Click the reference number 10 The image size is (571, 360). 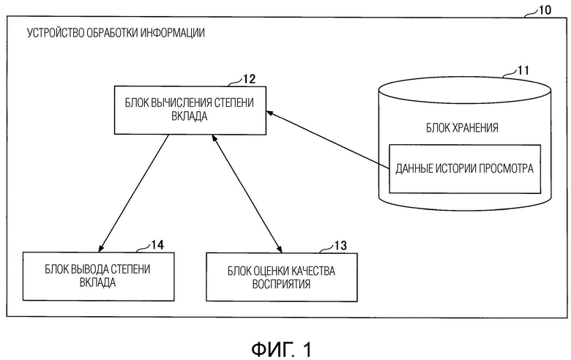coord(545,10)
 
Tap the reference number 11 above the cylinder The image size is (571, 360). coord(523,70)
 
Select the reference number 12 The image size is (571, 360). coord(249,79)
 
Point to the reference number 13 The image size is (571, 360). coord(340,246)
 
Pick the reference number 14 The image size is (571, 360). coord(157,245)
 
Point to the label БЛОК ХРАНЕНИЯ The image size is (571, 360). coord(462,128)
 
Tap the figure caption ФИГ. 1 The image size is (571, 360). coord(282,350)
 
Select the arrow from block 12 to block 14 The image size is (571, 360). coord(134,193)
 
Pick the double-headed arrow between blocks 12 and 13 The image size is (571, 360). coord(247,194)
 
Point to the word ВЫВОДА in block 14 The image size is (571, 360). coord(89,269)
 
